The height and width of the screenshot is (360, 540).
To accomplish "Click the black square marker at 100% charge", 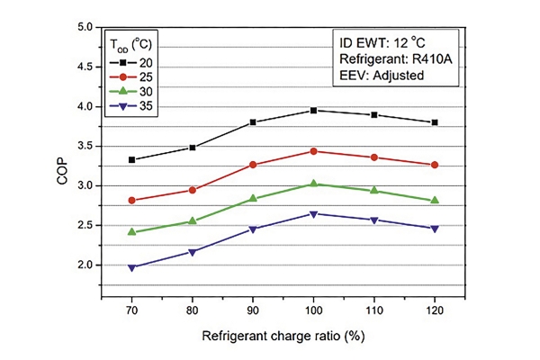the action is pos(313,110).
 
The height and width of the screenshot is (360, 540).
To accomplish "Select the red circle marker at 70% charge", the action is pos(131,201).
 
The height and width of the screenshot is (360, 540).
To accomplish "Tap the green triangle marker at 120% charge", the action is pos(435,200).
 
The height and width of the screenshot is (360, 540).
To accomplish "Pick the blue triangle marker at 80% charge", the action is pos(193,253).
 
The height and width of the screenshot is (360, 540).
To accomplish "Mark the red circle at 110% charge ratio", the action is pos(374,157).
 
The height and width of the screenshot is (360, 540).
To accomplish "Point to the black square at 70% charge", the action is pos(131,160).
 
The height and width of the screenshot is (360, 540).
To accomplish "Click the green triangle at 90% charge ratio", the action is pos(253,198).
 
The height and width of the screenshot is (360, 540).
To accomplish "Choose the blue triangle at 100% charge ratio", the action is pos(313,214).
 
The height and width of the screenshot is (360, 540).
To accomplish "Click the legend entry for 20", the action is pos(130,63).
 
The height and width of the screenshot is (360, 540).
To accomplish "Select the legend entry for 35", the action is pos(130,106).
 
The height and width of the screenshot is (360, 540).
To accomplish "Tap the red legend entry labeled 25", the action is pos(130,77).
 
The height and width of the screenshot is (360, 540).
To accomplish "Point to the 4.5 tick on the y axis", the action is pos(85,67).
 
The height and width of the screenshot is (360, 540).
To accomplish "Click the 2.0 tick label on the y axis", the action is pos(85,265).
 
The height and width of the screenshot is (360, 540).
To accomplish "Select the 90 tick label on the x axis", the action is pos(253,310).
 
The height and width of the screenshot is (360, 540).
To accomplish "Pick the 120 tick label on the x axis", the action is pos(435,310).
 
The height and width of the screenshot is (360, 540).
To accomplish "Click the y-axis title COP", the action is pos(62,171).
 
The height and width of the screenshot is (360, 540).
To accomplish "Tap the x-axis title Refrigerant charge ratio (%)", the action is pos(283,336).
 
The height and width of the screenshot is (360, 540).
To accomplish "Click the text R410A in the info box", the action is pos(432,59).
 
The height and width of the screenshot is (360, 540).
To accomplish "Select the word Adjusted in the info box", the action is pos(398,76).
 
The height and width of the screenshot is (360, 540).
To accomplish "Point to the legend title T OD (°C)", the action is pos(130,45).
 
